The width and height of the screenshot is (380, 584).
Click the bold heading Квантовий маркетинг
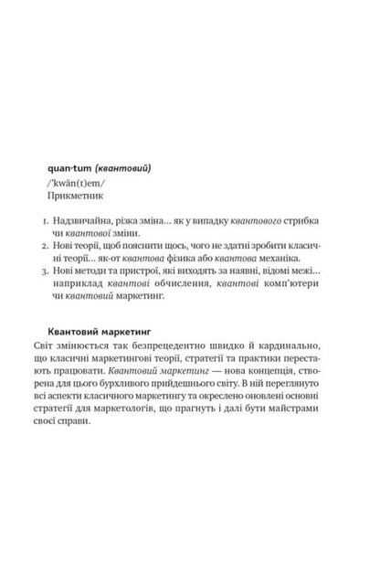point(98,332)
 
